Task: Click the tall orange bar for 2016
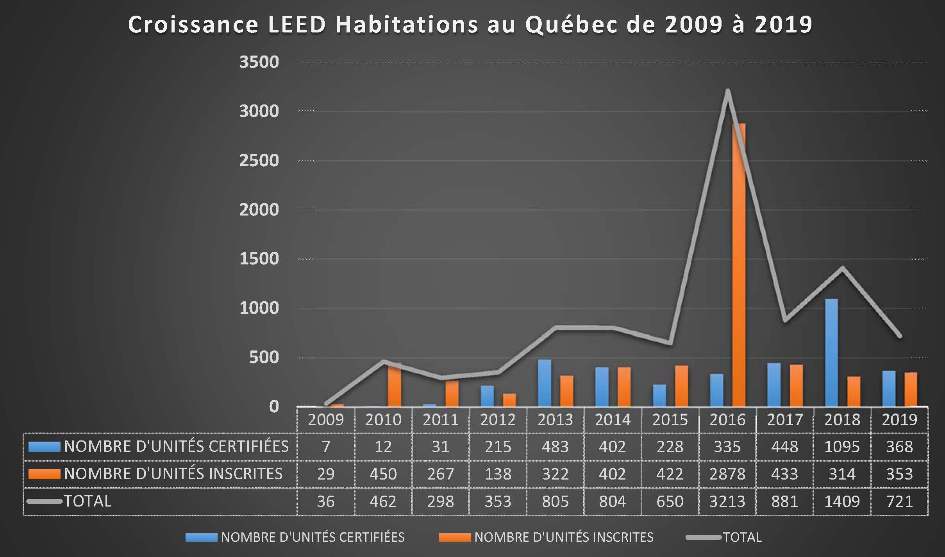(x=739, y=266)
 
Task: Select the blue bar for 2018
(x=831, y=353)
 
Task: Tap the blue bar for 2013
(x=545, y=383)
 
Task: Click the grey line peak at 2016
(x=727, y=91)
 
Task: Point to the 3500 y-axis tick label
(x=259, y=62)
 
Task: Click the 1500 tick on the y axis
(x=259, y=259)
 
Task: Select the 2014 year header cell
(x=613, y=420)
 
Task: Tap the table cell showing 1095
(x=842, y=447)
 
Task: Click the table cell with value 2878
(x=727, y=474)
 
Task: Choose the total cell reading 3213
(x=727, y=501)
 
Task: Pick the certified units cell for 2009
(x=326, y=447)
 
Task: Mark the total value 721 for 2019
(x=899, y=501)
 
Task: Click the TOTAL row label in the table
(x=88, y=501)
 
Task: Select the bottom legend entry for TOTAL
(x=742, y=537)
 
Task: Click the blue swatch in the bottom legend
(x=201, y=537)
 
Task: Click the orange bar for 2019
(x=911, y=390)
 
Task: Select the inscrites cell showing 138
(x=498, y=474)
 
